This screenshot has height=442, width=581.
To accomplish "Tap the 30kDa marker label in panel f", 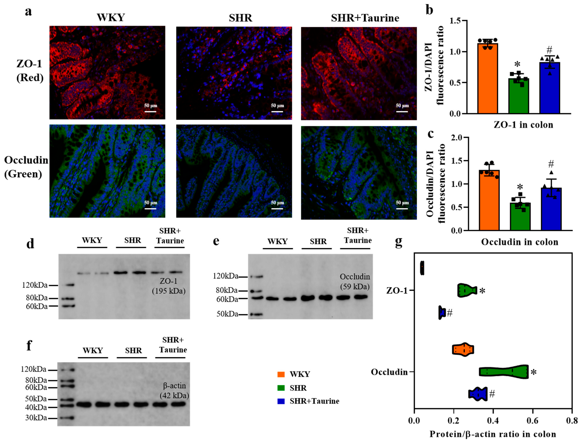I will pos(36,418).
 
